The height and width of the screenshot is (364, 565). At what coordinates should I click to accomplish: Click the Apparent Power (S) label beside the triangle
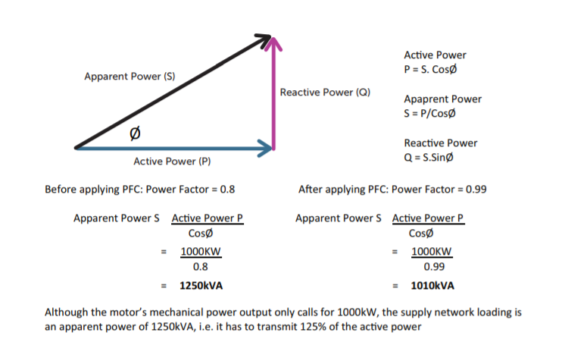(x=130, y=77)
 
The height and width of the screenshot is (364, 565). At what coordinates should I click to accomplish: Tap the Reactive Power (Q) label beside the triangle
(x=325, y=93)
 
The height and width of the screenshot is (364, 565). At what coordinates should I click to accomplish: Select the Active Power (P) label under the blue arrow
(x=171, y=162)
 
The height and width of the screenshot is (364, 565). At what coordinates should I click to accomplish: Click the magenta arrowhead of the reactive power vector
(x=273, y=42)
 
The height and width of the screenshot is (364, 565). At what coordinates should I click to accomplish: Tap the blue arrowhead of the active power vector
(x=266, y=148)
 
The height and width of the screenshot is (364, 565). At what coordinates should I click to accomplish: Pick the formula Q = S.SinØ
(x=429, y=158)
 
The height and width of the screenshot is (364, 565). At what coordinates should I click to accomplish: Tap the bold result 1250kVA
(x=201, y=287)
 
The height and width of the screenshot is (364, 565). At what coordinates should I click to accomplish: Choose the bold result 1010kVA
(x=432, y=287)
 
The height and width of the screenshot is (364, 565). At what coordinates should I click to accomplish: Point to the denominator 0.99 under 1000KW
(x=433, y=267)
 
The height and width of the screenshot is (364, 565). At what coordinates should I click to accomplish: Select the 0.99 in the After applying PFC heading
(x=476, y=189)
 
